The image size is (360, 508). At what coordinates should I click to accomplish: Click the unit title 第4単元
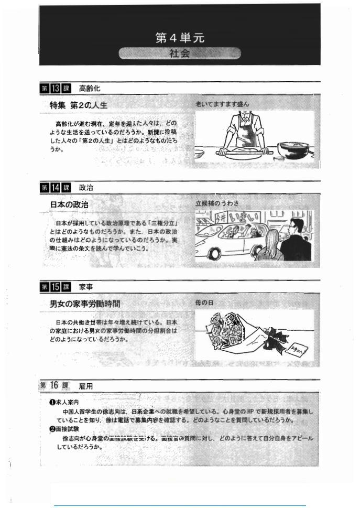click(179, 38)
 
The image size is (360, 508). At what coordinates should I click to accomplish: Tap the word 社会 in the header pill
click(179, 53)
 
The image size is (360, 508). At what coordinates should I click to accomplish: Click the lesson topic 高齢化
click(89, 88)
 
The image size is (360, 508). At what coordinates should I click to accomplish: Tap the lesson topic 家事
click(86, 287)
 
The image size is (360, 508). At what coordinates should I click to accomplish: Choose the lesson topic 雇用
click(86, 386)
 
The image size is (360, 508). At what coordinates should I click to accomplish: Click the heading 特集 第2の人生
click(79, 105)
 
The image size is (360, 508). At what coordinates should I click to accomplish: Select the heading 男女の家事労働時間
click(85, 304)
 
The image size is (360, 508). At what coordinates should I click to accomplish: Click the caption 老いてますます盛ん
click(223, 104)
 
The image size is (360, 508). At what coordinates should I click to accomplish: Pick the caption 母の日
click(204, 302)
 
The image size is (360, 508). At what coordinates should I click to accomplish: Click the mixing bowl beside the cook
click(293, 149)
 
